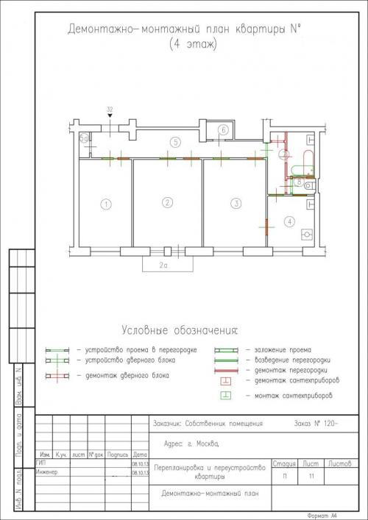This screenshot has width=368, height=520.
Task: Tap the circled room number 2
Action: coord(168,202)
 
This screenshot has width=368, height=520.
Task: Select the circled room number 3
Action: coord(236,203)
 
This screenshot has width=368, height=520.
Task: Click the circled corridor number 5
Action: coord(174,141)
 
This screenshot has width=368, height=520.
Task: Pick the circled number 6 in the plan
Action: coord(222,129)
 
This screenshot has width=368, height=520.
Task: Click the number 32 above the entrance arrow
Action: coord(110,109)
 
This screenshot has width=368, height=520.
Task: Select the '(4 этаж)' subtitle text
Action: coord(187,45)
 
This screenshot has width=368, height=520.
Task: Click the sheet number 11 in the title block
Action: coord(312,477)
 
